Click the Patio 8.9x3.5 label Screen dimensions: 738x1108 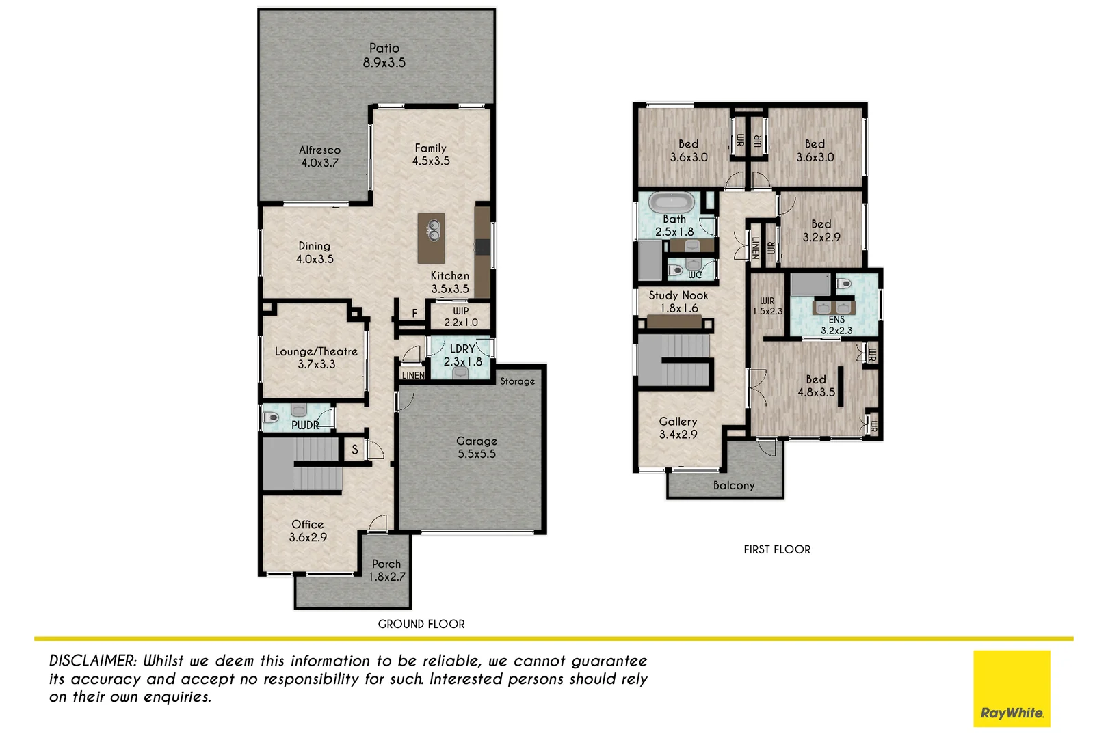tap(384, 55)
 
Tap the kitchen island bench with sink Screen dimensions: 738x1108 tap(432, 238)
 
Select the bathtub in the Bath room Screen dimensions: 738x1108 tap(672, 203)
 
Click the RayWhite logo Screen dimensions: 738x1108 tap(1012, 689)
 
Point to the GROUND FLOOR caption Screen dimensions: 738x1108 tap(421, 624)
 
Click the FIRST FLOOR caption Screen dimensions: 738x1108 tap(777, 549)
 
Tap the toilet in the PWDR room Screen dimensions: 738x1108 tap(271, 417)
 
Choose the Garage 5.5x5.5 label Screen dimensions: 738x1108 tap(477, 448)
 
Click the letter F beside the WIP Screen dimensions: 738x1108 tap(414, 314)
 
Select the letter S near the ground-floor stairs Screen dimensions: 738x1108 tap(355, 450)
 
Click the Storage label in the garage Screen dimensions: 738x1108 tap(517, 381)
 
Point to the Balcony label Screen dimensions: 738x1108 tap(734, 486)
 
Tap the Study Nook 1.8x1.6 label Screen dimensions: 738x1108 tap(678, 301)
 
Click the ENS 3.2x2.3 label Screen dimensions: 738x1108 tap(836, 325)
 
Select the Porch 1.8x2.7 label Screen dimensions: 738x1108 tap(387, 570)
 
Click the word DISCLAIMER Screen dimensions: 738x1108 tap(93, 661)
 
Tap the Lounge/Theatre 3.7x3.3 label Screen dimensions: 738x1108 tap(316, 357)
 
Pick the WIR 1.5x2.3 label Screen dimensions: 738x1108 tap(767, 305)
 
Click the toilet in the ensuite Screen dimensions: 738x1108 tap(845, 284)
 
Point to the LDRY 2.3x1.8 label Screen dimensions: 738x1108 tap(462, 355)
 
